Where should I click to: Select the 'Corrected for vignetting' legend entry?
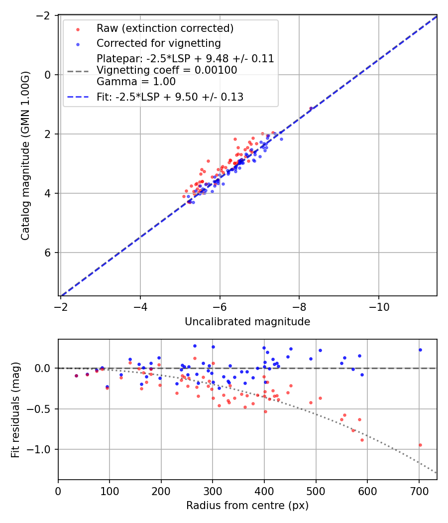[x=159, y=43]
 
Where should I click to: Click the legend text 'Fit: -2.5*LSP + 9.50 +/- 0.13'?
[x=170, y=97]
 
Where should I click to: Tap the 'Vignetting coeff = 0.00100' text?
[x=167, y=70]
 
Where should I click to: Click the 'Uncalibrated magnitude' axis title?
[x=247, y=322]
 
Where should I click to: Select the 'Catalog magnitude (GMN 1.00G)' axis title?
[x=25, y=155]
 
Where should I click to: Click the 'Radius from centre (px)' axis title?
[x=247, y=506]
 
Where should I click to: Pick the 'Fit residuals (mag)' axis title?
[x=15, y=409]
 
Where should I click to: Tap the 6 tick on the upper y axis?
[x=48, y=253]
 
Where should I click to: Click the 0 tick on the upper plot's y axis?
[x=48, y=75]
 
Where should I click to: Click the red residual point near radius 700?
[x=420, y=445]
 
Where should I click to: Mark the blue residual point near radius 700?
[x=420, y=350]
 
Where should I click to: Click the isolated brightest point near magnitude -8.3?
[x=311, y=108]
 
